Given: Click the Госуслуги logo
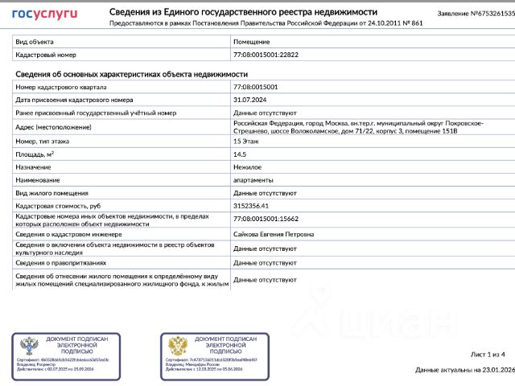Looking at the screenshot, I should [44, 14].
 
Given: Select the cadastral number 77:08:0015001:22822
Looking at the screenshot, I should [265, 55].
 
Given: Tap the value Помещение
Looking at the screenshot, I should [251, 41].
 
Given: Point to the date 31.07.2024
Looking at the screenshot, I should [249, 100].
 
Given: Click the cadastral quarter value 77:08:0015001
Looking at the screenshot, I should [255, 87].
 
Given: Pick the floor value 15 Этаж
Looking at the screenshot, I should [248, 141].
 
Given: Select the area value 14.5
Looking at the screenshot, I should [239, 154].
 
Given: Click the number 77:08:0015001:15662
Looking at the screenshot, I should [265, 219].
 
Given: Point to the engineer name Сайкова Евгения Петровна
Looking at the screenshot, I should [274, 234].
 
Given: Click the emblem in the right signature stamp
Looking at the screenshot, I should [178, 347].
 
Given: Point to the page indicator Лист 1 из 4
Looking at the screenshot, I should [487, 354].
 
